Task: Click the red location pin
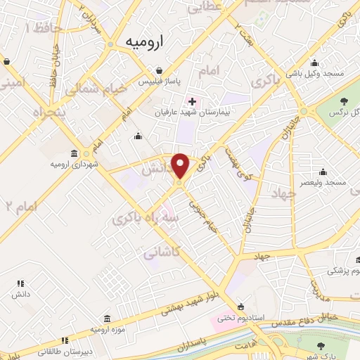181,166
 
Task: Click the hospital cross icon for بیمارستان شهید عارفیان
193,101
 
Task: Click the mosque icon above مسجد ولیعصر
323,172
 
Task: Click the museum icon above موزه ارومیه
106,319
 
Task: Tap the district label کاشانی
163,251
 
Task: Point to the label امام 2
20,206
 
